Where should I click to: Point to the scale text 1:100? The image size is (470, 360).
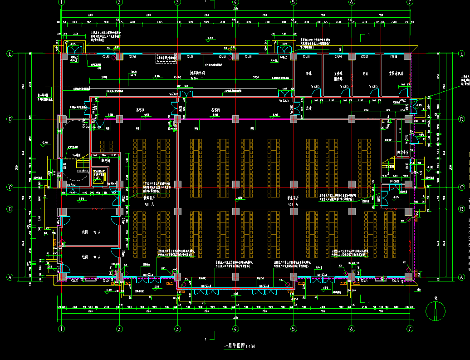(250, 347)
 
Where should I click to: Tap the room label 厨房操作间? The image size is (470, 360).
(198, 72)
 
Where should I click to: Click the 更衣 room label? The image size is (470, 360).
(364, 73)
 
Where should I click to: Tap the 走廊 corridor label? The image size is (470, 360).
(309, 108)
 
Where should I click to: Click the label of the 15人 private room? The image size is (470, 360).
(88, 232)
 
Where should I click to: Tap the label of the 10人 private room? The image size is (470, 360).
(88, 257)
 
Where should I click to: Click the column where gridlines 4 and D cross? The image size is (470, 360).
(235, 119)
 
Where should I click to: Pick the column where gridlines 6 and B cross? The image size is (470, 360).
(352, 212)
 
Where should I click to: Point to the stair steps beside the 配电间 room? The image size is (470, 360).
(82, 163)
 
